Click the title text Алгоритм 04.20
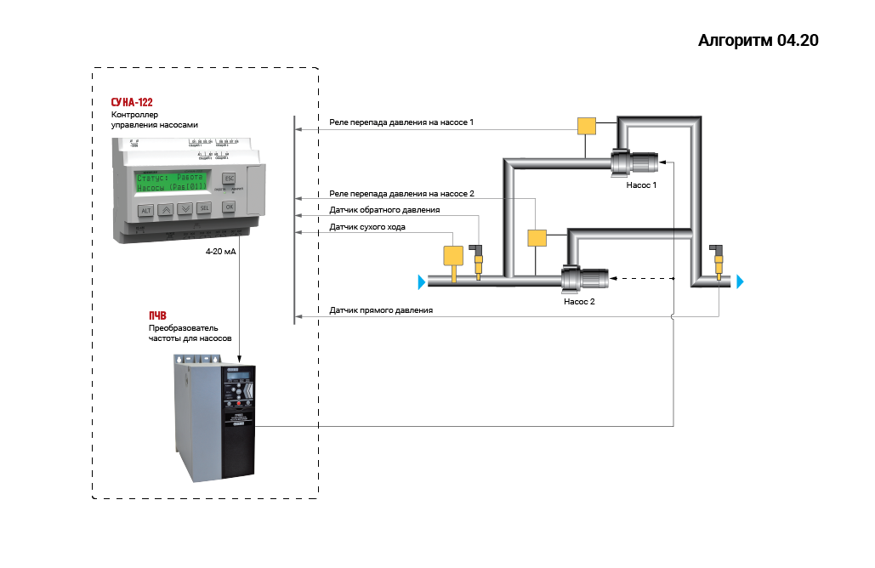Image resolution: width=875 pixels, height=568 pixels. [x=758, y=40]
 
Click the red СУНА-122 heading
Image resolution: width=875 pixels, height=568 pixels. [x=132, y=102]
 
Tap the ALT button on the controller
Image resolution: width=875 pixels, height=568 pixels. [x=145, y=209]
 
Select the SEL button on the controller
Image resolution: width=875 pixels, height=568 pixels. [x=204, y=208]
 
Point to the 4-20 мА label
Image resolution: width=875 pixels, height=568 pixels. [x=220, y=253]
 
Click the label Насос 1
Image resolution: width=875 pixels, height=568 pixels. [x=641, y=184]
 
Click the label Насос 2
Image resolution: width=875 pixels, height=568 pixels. [x=579, y=301]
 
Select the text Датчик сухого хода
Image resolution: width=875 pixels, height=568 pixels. [x=367, y=227]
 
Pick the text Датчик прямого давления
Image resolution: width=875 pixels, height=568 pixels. [x=381, y=310]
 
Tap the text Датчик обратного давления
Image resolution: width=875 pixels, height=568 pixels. [x=384, y=210]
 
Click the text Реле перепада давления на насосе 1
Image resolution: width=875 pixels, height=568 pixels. [x=401, y=122]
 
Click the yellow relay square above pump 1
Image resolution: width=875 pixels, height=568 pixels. [x=587, y=126]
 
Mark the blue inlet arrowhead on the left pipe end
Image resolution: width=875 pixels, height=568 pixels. [x=421, y=281]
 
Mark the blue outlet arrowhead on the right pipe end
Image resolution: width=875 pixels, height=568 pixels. [x=741, y=281]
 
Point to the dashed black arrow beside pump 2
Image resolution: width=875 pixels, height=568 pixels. [x=642, y=278]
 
